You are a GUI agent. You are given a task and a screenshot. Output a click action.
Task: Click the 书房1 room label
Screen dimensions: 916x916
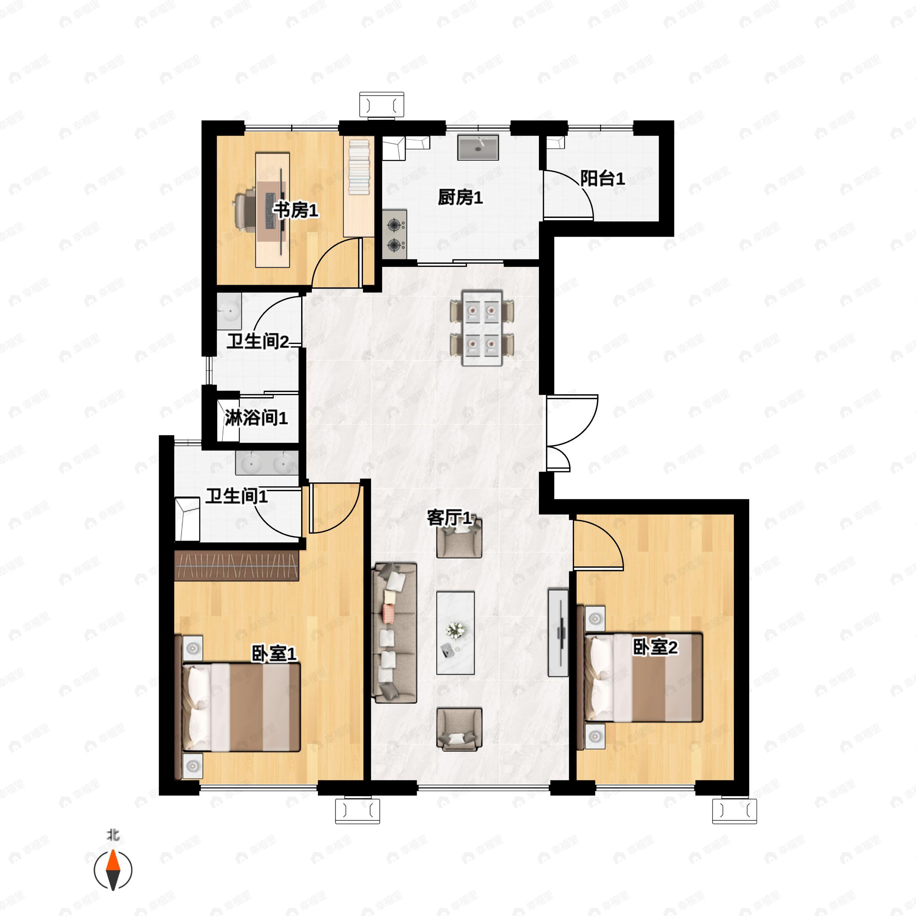(296, 210)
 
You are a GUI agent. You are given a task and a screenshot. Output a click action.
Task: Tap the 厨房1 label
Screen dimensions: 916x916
(460, 197)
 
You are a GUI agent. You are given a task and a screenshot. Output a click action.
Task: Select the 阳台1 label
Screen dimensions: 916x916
(602, 178)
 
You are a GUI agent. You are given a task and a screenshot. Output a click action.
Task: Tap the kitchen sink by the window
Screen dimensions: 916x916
(478, 147)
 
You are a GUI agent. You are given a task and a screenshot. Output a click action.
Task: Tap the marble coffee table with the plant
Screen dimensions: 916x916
(456, 632)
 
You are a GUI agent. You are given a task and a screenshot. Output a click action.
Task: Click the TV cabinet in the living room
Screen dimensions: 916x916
(558, 632)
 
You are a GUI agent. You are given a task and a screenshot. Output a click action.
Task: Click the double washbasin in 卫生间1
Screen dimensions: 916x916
(267, 463)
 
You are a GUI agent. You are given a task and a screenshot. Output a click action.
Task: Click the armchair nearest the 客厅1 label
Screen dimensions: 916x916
(459, 538)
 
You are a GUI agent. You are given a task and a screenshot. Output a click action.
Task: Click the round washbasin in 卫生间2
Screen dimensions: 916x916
(229, 311)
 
